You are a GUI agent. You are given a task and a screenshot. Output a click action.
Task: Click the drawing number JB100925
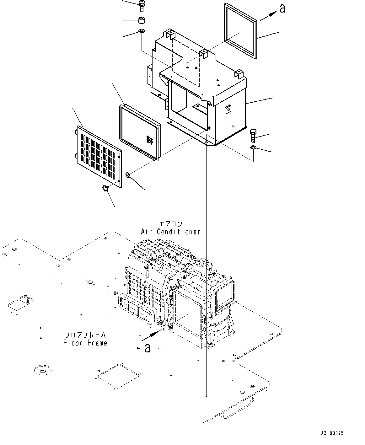[x=332, y=433]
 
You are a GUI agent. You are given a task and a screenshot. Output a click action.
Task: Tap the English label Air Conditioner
[x=170, y=232]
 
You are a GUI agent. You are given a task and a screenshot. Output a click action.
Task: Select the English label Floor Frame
[x=85, y=343]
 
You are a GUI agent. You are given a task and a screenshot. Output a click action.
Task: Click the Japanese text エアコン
[x=170, y=224]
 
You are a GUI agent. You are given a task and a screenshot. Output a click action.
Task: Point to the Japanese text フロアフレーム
[x=85, y=335]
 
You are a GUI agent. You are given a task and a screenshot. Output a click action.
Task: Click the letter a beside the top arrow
[x=282, y=9]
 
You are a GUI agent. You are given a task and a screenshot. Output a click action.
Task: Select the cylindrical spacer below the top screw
[x=142, y=20]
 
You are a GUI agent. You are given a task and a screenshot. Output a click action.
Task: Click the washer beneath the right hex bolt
[x=253, y=147]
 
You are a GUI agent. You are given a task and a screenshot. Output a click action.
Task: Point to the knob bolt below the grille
[x=105, y=188]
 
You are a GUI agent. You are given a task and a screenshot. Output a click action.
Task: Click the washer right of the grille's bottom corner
[x=128, y=174]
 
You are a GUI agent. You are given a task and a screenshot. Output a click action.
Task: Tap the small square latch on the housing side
[x=228, y=109]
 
